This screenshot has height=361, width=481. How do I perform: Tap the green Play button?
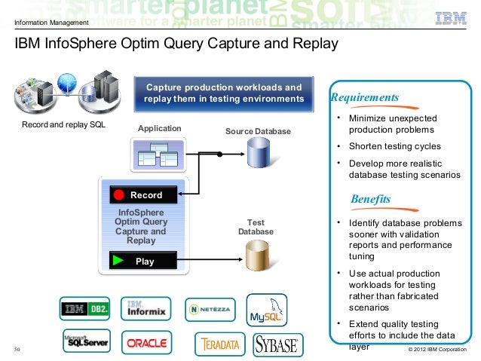coord(143,262)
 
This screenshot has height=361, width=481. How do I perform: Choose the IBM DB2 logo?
coord(86,308)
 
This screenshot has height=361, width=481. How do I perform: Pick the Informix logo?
coord(146,307)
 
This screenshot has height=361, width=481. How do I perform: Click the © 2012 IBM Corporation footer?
coord(437,350)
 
